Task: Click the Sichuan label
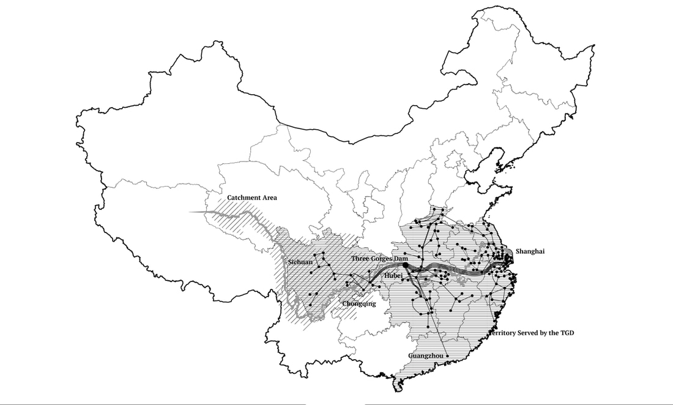click(x=300, y=262)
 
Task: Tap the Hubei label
click(x=393, y=276)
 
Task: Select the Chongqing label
click(x=359, y=303)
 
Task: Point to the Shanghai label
click(x=530, y=251)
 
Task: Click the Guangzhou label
click(x=426, y=355)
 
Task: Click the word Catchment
click(x=244, y=198)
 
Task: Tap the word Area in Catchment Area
click(x=269, y=198)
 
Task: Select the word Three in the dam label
click(x=361, y=259)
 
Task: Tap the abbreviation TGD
click(x=567, y=333)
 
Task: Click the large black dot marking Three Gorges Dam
click(x=405, y=265)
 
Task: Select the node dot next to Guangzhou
click(x=448, y=356)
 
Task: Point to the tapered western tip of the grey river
click(x=191, y=212)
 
